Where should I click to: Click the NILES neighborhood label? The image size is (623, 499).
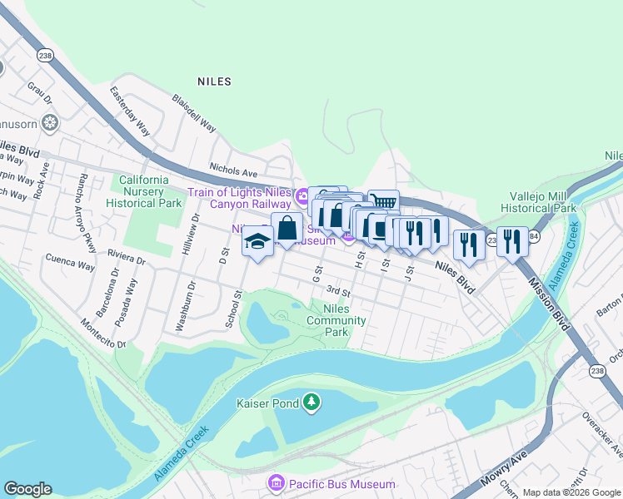(214, 82)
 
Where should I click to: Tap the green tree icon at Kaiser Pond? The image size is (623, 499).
(311, 403)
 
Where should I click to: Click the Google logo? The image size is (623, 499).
(27, 489)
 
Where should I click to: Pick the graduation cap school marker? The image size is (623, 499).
(257, 242)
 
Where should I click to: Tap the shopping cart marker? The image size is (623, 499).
(383, 202)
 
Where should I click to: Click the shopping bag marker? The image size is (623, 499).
(287, 227)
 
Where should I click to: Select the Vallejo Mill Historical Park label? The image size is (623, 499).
(542, 202)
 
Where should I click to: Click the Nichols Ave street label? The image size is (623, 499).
(233, 167)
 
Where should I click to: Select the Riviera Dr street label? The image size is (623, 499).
(122, 254)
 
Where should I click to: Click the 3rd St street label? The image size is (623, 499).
(337, 291)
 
